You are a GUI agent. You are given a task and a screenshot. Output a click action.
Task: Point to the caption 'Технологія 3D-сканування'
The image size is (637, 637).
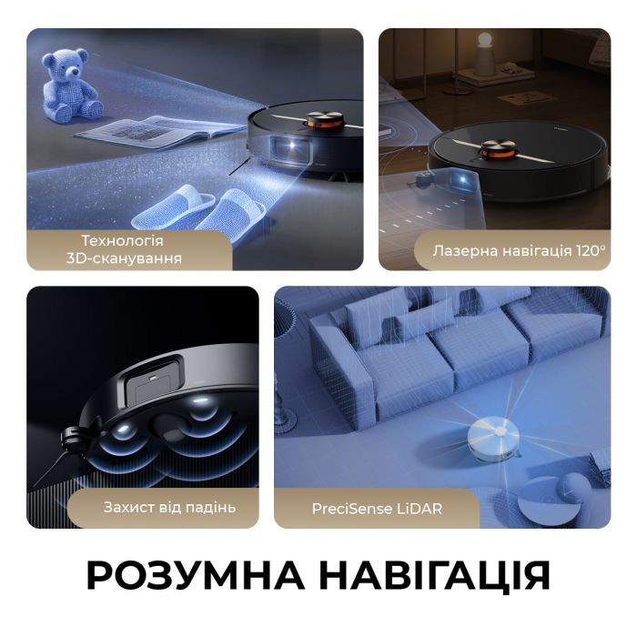[122, 249]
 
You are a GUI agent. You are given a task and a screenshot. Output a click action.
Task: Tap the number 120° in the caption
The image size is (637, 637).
[587, 248]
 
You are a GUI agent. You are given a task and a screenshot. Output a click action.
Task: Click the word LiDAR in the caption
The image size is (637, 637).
[420, 508]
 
